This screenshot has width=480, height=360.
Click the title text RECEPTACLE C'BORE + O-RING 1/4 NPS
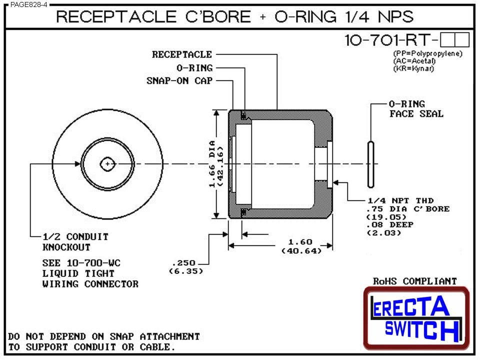tap(234, 17)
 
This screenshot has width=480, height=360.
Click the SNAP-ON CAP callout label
tap(179, 80)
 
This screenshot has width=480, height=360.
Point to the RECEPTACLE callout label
tap(182, 54)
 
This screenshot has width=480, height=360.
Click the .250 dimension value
tap(183, 262)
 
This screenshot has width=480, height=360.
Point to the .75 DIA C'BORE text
tap(407, 208)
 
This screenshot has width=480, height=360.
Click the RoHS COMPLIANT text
tap(415, 281)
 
